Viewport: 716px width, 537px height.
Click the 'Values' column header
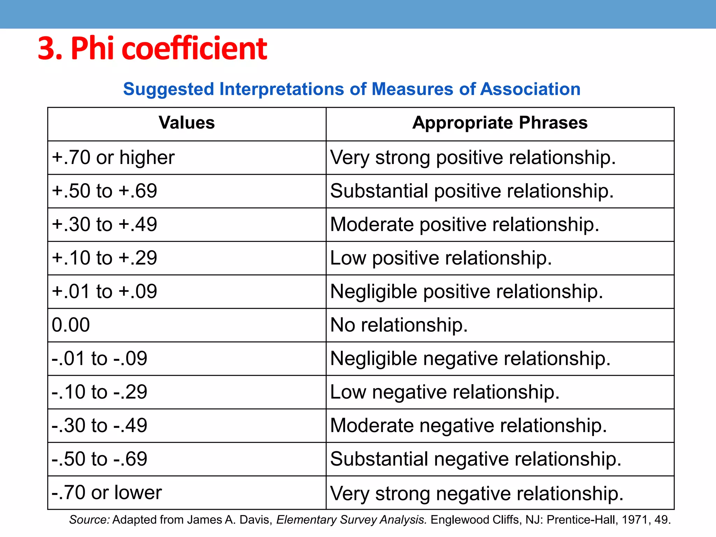[187, 123]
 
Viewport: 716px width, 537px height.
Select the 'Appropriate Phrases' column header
[500, 123]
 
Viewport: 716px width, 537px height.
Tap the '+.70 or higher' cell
[113, 157]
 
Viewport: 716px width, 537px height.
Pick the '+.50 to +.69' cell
[104, 191]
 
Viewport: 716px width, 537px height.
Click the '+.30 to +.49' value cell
[104, 224]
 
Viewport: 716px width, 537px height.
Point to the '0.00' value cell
[71, 325]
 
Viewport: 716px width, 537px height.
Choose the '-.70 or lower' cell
[106, 492]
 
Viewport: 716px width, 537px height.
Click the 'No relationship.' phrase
[399, 325]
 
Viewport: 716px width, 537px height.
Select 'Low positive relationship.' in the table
[441, 258]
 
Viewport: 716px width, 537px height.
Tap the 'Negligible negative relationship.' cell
[470, 358]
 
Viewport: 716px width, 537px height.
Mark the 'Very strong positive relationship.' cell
[473, 157]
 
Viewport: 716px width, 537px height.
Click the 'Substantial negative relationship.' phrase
[475, 459]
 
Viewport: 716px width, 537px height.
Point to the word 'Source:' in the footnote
[89, 520]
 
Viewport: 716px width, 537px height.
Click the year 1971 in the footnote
[636, 520]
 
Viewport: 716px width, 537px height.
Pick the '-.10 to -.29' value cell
[99, 392]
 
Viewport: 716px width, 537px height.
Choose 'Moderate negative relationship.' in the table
[468, 425]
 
